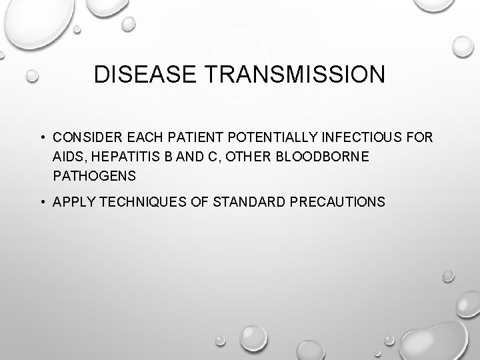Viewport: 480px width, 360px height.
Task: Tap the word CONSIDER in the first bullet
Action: pyautogui.click(x=84, y=137)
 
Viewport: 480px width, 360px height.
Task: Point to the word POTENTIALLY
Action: pyautogui.click(x=269, y=137)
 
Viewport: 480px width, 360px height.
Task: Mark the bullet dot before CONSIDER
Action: pyautogui.click(x=41, y=138)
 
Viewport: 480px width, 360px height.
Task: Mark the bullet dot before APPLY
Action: pyautogui.click(x=41, y=201)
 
